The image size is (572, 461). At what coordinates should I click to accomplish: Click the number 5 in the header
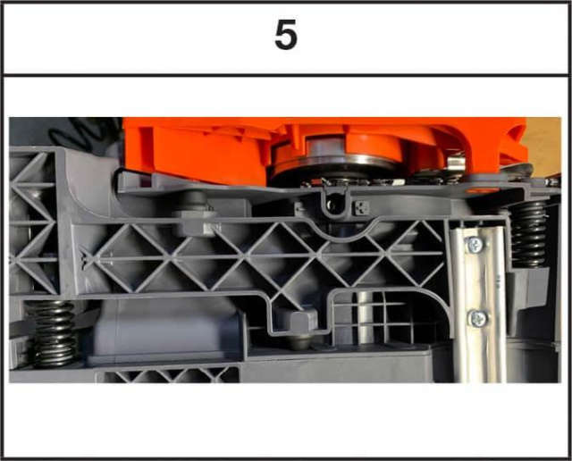(x=286, y=35)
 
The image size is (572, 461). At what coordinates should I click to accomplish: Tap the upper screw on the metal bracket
(x=475, y=245)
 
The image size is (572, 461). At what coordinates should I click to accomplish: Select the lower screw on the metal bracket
(x=478, y=318)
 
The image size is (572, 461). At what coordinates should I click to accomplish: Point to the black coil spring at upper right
(x=528, y=234)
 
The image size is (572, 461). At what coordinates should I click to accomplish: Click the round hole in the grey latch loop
(x=332, y=205)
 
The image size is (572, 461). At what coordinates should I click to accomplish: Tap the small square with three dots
(x=361, y=208)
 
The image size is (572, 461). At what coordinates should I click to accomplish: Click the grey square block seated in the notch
(x=297, y=320)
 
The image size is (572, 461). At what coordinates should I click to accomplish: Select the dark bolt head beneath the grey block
(x=299, y=342)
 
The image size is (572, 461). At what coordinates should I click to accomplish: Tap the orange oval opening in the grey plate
(x=483, y=190)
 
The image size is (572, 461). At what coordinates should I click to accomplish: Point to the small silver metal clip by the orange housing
(x=455, y=163)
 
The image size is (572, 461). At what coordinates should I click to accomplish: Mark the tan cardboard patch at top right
(x=543, y=147)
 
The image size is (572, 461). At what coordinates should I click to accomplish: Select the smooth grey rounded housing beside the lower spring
(x=164, y=330)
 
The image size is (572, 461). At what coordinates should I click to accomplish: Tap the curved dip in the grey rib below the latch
(x=346, y=234)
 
